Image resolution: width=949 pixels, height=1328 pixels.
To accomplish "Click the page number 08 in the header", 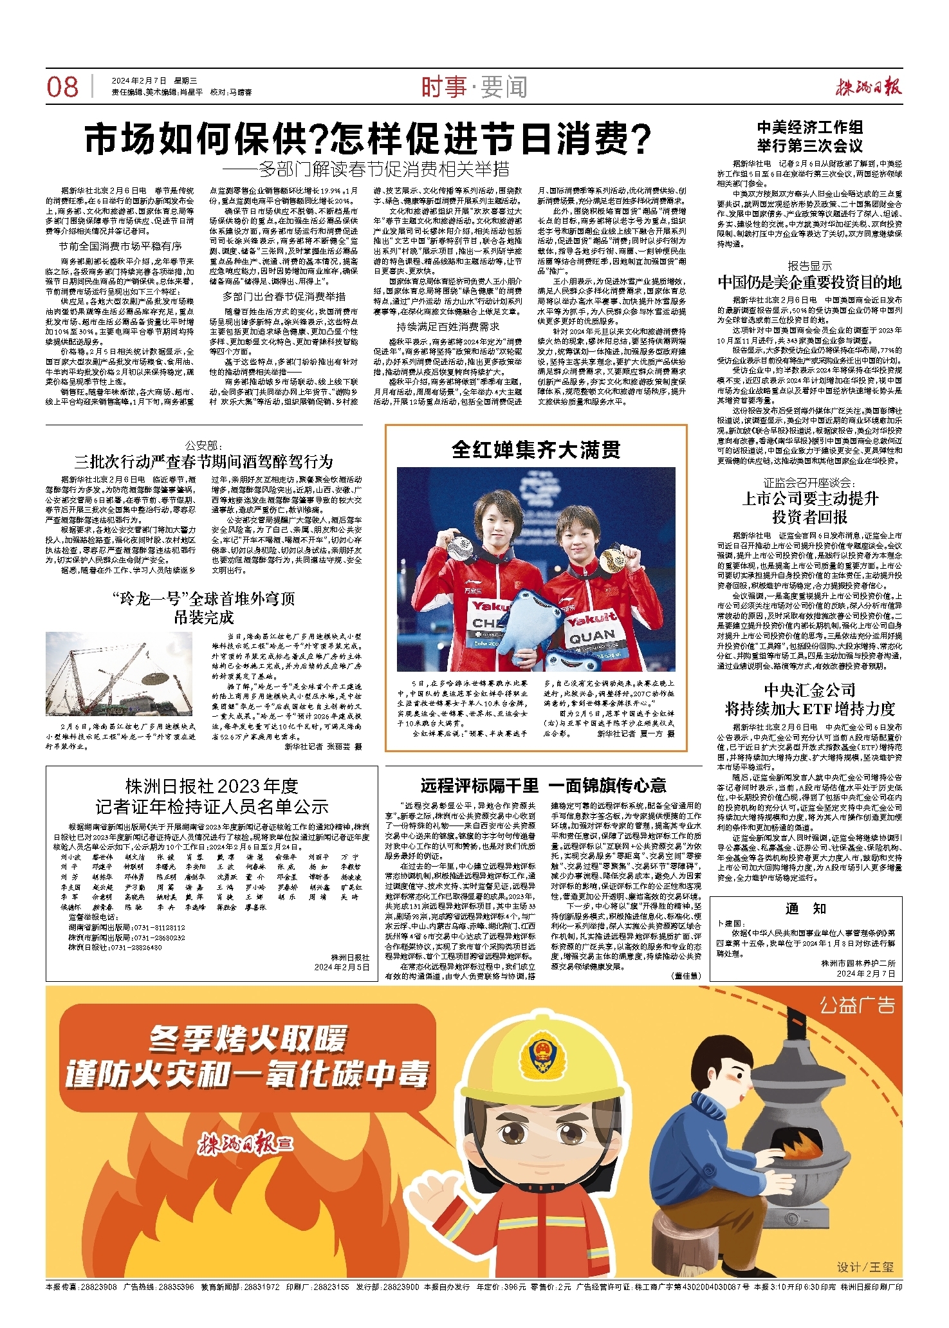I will point(62,87).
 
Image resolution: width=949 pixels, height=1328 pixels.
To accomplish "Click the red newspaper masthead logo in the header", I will point(869,87).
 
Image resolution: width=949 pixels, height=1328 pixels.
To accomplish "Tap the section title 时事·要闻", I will point(474,87).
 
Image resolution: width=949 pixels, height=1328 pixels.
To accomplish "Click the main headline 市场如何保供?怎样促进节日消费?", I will point(367,139).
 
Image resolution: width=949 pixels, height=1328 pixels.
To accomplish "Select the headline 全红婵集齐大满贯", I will point(536,450).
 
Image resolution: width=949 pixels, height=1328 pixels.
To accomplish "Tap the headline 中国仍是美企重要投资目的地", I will point(809,282).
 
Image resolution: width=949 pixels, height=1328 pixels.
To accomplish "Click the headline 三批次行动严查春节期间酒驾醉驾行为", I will point(204,461).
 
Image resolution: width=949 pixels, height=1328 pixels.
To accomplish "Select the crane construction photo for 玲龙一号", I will point(119,674).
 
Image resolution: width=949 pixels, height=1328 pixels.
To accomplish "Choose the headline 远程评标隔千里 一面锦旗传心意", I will point(543,786).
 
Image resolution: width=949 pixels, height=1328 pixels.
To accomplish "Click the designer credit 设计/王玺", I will point(865,1267).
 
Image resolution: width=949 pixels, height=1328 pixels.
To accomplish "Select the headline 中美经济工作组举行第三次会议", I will point(809,136).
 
